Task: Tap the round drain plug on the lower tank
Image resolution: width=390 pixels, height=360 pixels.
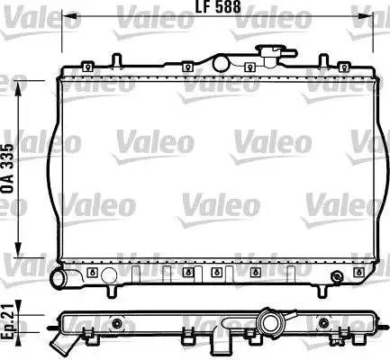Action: (x=336, y=275)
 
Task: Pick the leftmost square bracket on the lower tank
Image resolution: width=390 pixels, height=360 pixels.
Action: (x=93, y=271)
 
